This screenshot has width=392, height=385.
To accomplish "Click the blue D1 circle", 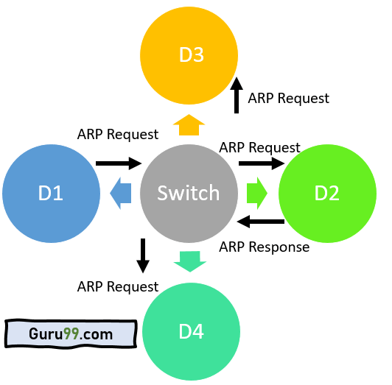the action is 52,194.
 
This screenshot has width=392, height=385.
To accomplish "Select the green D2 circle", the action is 327,194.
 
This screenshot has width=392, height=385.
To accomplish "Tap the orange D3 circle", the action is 189,55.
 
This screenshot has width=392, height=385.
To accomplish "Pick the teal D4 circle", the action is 192,331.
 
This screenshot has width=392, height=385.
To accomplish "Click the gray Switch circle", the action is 189,194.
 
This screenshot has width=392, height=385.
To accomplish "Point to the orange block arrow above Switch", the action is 189,125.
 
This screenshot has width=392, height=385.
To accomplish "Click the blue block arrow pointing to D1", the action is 121,193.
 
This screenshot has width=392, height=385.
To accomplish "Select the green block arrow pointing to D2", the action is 257,193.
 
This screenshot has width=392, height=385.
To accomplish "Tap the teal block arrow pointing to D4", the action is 190,261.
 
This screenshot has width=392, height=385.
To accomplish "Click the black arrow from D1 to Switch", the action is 119,163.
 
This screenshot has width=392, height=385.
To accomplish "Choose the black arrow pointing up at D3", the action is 237,95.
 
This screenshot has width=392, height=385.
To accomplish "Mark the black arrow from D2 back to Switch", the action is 261,222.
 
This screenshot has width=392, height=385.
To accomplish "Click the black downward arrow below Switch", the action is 143,256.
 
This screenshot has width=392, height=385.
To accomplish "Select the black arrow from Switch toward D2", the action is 262,163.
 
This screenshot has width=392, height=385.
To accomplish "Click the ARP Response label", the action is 265,247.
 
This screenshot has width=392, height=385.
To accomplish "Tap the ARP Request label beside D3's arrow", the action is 289,98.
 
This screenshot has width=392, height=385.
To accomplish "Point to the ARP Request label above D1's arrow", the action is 118,135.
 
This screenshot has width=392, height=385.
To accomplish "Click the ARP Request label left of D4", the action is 118,286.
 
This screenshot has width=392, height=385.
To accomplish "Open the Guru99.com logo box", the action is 71,333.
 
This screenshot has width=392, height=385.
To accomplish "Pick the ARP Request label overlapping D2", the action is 259,147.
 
